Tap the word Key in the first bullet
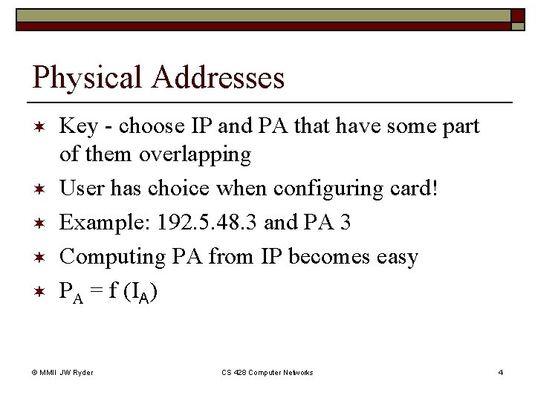pos(77,127)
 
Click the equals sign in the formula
pos(96,292)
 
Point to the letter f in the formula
pos(113,290)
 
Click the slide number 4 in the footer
pos(501,372)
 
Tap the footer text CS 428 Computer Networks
pos(267,372)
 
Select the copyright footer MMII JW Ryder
pos(66,372)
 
